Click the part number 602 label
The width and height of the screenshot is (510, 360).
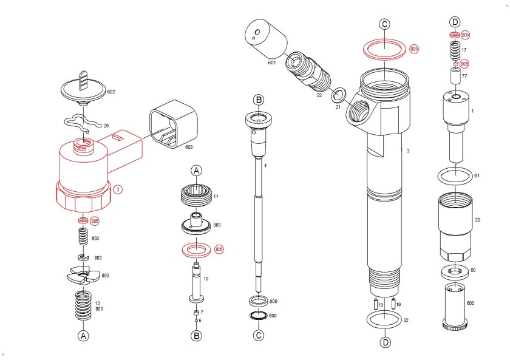[111, 92]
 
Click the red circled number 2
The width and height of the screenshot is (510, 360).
[118, 189]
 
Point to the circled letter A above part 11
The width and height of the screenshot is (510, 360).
[197, 171]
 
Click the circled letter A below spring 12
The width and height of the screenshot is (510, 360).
[84, 335]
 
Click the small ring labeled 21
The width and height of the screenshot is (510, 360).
[339, 95]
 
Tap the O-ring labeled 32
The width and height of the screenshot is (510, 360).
[385, 319]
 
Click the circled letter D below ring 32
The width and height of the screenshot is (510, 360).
[385, 343]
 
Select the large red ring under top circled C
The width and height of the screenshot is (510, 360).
[385, 48]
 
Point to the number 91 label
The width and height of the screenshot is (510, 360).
[477, 176]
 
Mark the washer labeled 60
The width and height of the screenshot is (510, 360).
[455, 271]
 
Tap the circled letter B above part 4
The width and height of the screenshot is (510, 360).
[259, 100]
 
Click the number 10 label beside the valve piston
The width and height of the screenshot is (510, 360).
[206, 279]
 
